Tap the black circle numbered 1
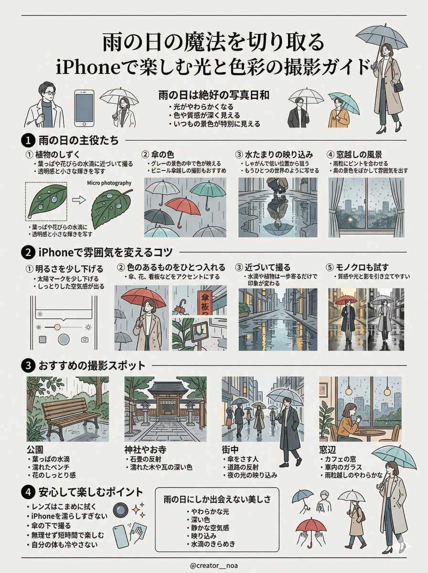27,141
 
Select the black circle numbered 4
27,492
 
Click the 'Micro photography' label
109,183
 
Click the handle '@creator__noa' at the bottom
214,565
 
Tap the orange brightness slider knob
57,327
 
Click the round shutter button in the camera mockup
64,340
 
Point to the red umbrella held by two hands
311,527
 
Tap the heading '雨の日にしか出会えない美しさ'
217,499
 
